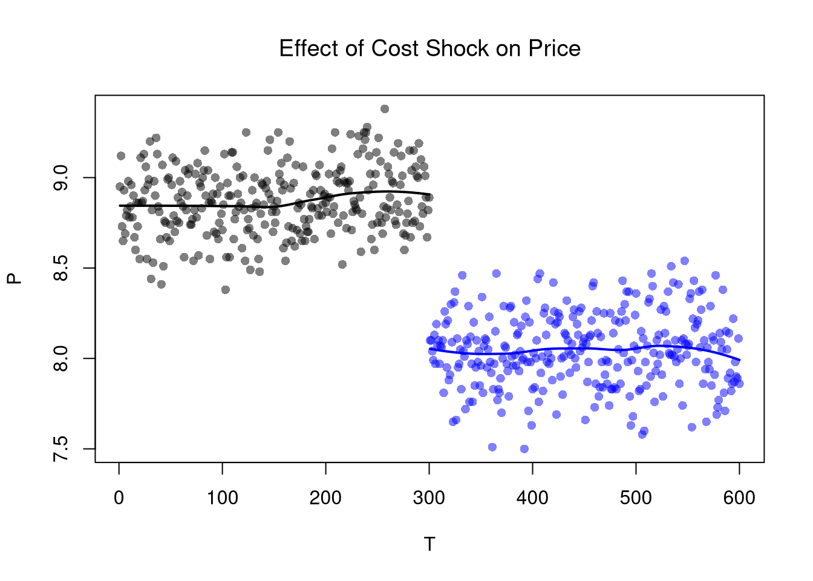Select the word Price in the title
(x=554, y=48)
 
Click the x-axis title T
(x=429, y=545)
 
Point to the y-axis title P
(x=15, y=278)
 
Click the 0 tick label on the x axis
(x=119, y=498)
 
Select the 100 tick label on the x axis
(x=223, y=498)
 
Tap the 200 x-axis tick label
(x=326, y=498)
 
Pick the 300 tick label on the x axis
(x=429, y=498)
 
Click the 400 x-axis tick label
(x=533, y=498)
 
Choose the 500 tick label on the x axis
(x=636, y=498)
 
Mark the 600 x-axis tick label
(x=739, y=498)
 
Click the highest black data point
(x=385, y=109)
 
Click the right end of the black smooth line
(x=429, y=195)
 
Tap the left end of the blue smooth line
(x=429, y=349)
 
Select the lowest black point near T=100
(x=226, y=290)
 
